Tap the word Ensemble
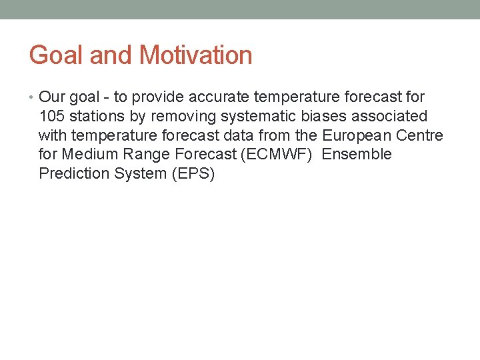tap(357, 155)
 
